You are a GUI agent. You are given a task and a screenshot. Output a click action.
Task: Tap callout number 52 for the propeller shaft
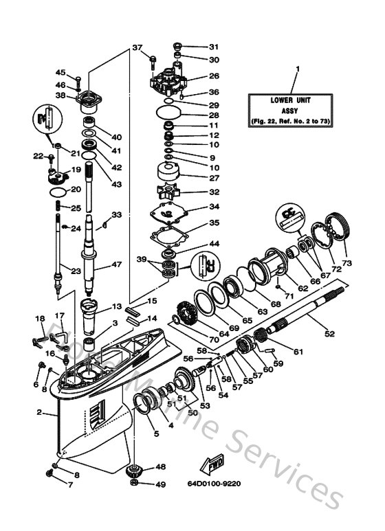tap(329, 334)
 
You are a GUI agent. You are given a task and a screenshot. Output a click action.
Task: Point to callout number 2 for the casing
tap(39, 413)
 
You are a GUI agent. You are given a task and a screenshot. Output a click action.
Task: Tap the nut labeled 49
tap(136, 485)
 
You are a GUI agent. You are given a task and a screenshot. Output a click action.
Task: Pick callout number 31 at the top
tap(213, 47)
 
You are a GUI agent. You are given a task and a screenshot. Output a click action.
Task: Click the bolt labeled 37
tap(151, 61)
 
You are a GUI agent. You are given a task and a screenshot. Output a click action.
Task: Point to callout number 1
tap(298, 69)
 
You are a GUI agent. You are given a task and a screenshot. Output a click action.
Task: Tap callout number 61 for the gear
tap(298, 352)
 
